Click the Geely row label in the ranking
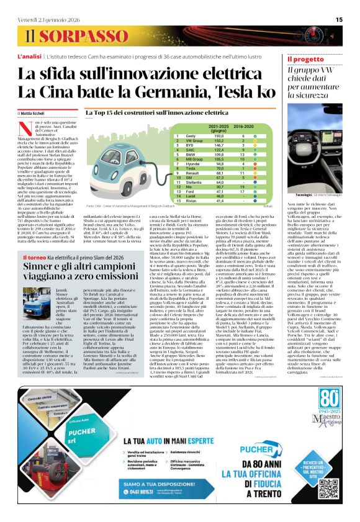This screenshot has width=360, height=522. (x=191, y=135)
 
